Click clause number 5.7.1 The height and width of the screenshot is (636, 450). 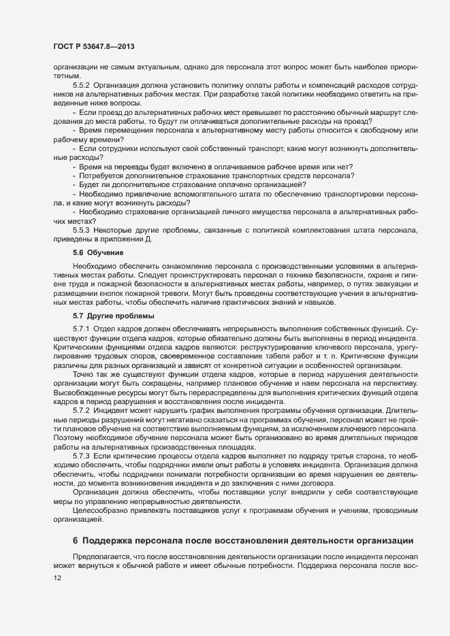(x=82, y=330)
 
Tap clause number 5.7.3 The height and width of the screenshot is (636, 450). (x=82, y=454)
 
